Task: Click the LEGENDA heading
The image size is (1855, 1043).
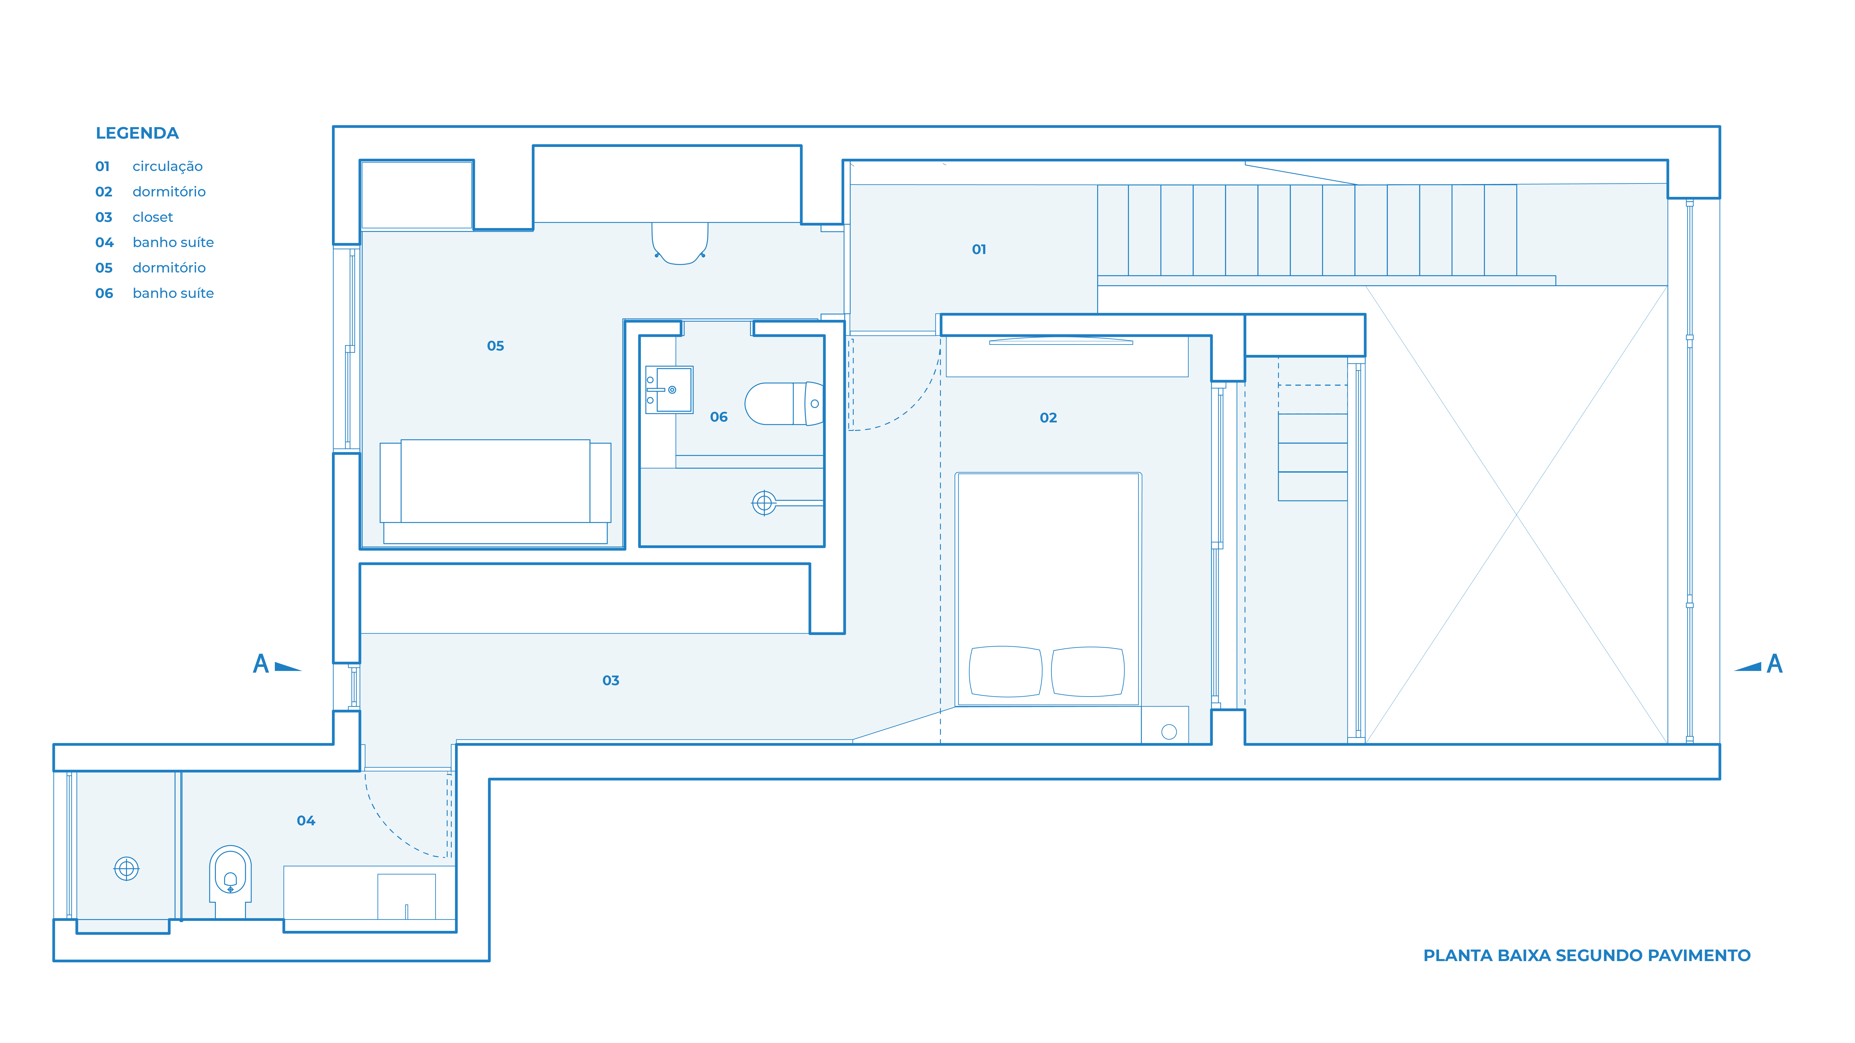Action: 137,133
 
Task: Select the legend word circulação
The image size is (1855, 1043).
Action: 168,166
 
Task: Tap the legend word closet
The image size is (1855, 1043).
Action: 153,217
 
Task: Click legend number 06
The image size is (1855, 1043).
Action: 104,293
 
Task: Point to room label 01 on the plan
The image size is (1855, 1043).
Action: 979,249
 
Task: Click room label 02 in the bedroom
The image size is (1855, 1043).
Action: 1048,417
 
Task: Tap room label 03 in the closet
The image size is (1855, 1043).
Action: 611,680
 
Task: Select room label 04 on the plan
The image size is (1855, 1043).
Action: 306,820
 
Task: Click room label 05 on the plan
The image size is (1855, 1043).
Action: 495,345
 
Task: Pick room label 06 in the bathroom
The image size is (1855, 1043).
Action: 719,417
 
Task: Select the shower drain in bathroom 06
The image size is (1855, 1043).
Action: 764,502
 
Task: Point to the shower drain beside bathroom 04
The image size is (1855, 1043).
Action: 127,869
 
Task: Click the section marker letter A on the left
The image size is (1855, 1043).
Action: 261,664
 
